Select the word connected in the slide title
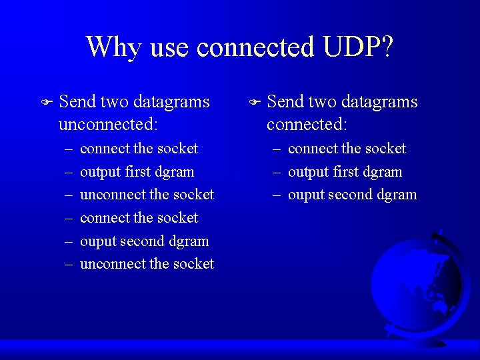(x=255, y=47)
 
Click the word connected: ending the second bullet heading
(x=307, y=125)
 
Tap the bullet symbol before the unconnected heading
(x=45, y=103)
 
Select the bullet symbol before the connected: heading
(x=253, y=103)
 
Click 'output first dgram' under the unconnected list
(x=137, y=171)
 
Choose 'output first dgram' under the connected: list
(x=345, y=171)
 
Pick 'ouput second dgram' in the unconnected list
(x=144, y=241)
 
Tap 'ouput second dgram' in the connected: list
(x=352, y=195)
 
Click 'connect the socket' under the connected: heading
(x=347, y=148)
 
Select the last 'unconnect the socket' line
(x=147, y=264)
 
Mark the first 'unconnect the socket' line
(x=147, y=195)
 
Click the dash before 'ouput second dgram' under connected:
(x=277, y=195)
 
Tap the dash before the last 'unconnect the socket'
(x=69, y=264)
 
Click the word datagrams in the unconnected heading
(x=171, y=102)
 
